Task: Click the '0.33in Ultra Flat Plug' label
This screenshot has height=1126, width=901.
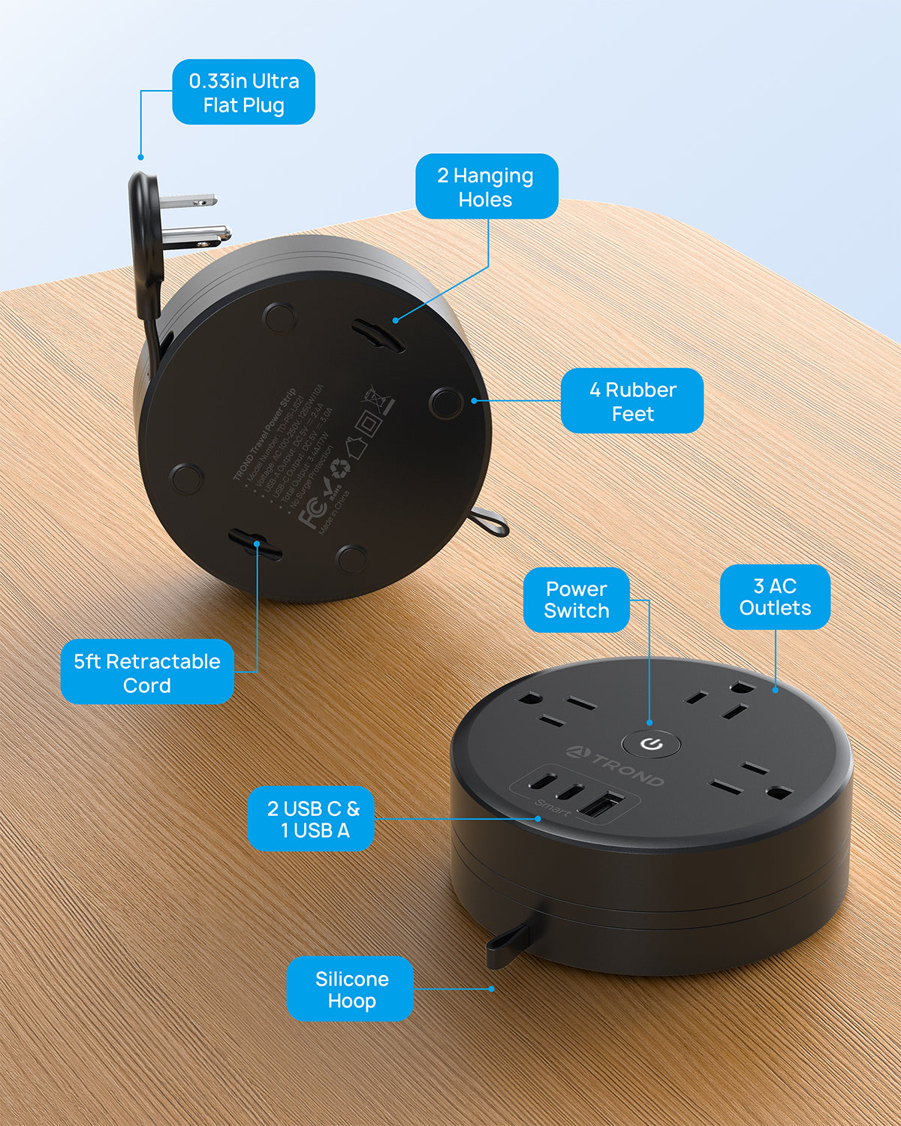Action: (x=243, y=92)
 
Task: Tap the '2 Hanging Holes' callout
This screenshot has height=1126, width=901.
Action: (x=486, y=187)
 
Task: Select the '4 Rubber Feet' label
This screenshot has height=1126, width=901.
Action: (x=631, y=401)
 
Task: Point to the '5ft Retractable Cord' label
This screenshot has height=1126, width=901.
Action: (x=147, y=673)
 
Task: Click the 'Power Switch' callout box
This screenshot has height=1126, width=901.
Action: (x=576, y=600)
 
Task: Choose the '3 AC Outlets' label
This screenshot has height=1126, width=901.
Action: (x=775, y=597)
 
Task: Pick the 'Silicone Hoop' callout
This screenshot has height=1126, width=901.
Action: (x=351, y=989)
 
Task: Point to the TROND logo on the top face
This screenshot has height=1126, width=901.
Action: (x=616, y=766)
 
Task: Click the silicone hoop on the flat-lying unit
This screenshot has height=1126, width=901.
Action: (x=508, y=943)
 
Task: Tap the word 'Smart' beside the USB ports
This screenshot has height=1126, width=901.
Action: (x=553, y=808)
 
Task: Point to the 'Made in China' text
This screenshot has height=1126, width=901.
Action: (x=335, y=513)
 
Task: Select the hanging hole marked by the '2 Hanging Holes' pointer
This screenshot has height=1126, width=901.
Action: (x=379, y=335)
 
